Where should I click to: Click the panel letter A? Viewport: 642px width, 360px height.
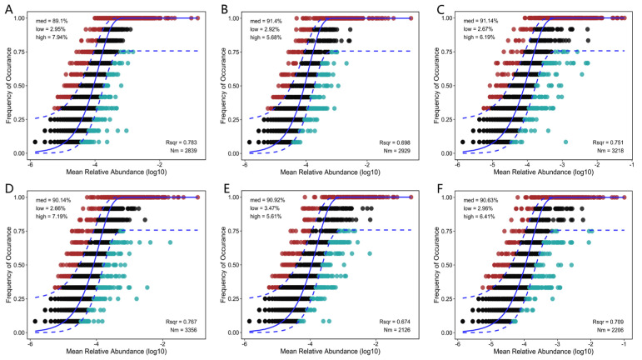click(8, 9)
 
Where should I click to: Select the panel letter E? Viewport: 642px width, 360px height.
click(224, 189)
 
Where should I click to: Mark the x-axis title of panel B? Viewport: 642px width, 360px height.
click(330, 172)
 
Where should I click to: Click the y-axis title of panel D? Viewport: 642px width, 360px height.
click(9, 264)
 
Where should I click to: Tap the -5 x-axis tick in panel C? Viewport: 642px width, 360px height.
click(493, 165)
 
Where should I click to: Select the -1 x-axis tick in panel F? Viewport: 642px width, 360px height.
click(624, 344)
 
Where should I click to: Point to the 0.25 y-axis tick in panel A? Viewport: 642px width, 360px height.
click(19, 120)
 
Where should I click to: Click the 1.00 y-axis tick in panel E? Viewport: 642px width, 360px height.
click(233, 197)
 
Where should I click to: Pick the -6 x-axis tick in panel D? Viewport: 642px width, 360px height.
click(30, 344)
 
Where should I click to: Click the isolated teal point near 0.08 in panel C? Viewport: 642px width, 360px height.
click(565, 142)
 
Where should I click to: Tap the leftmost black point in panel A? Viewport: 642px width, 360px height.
click(35, 142)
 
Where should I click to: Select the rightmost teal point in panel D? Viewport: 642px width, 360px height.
click(170, 242)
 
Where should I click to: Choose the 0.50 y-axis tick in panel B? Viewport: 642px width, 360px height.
click(233, 86)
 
